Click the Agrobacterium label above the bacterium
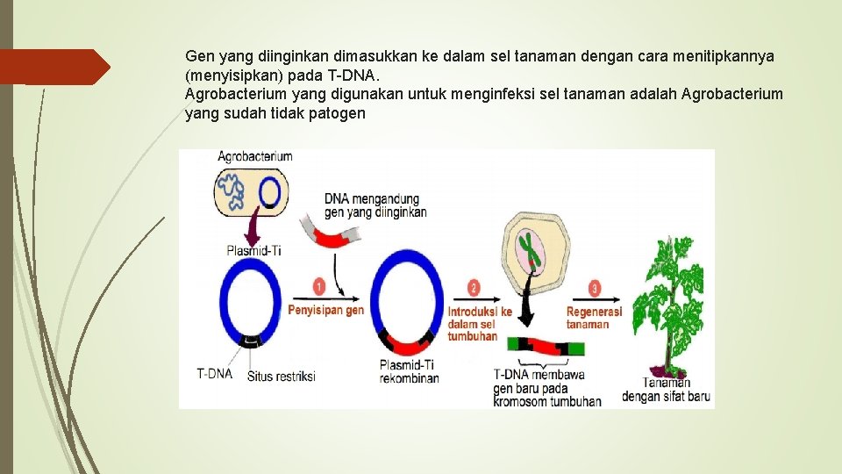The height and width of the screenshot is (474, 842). (255, 157)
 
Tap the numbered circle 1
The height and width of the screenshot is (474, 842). (318, 287)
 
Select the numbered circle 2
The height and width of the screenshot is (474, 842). (475, 288)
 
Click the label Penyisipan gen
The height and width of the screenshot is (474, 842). (326, 311)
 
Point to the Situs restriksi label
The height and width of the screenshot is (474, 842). (281, 377)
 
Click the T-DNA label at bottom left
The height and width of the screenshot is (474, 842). (215, 373)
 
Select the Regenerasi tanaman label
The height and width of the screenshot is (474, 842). (594, 318)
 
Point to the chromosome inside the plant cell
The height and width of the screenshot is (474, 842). (528, 249)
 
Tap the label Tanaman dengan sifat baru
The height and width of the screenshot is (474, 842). (666, 390)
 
